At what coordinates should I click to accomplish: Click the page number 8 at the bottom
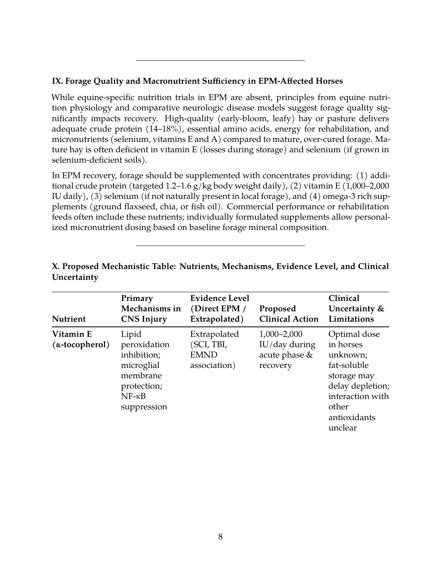point(220,537)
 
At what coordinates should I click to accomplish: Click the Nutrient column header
point(69,319)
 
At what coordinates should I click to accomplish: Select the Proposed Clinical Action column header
point(289,314)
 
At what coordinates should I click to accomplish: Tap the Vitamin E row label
point(80,339)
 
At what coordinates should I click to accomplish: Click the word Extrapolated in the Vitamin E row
point(214,334)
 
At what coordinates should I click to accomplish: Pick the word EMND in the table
point(204,355)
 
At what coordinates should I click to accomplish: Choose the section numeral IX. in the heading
point(57,81)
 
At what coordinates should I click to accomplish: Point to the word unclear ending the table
point(342,428)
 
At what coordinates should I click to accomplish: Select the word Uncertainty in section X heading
point(75,277)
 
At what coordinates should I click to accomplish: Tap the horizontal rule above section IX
point(220,60)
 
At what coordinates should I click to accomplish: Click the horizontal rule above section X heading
point(220,246)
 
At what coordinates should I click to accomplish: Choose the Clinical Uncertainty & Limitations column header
point(356,309)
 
